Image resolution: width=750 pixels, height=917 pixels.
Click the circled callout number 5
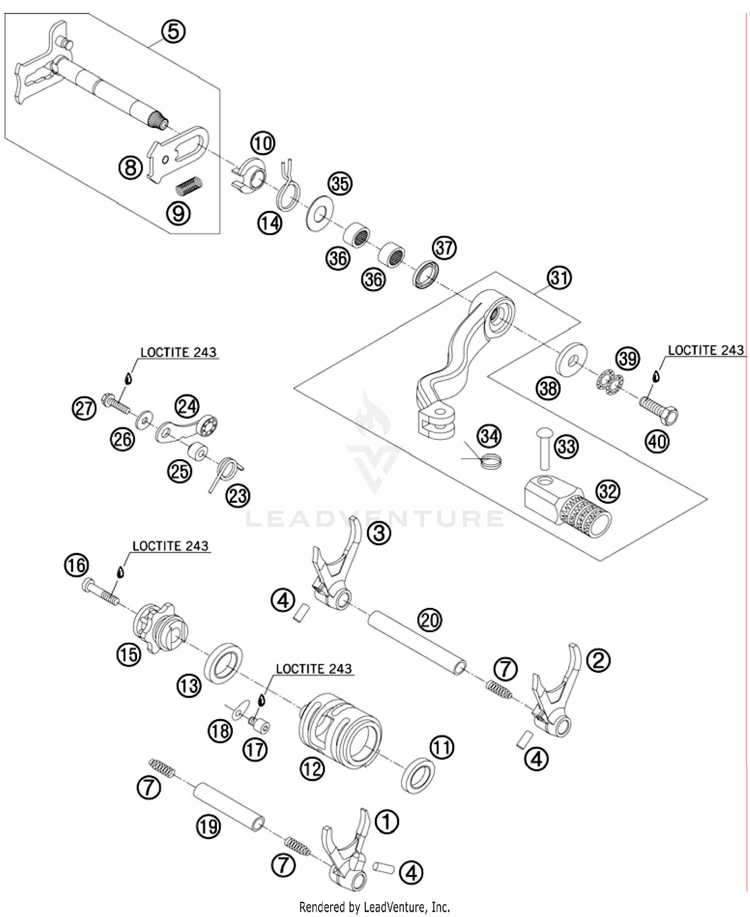tap(173, 32)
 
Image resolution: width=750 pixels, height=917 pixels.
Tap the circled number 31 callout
tap(559, 277)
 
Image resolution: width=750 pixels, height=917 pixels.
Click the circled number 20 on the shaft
tap(429, 620)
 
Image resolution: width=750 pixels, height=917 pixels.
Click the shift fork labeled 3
tap(332, 570)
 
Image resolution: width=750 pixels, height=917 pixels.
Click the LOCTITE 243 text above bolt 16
tap(170, 546)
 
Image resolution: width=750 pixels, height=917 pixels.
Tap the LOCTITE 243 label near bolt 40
tap(705, 350)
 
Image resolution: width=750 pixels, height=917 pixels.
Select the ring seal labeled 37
tap(426, 275)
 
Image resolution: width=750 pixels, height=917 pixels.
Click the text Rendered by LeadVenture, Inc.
tap(374, 906)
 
